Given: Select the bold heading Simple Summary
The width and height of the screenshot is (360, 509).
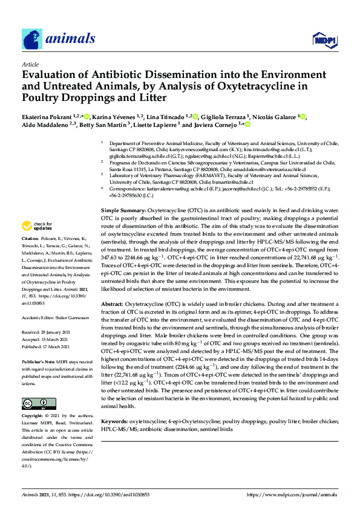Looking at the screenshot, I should (123, 208).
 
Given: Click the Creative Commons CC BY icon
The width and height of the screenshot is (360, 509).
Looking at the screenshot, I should (38, 387).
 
